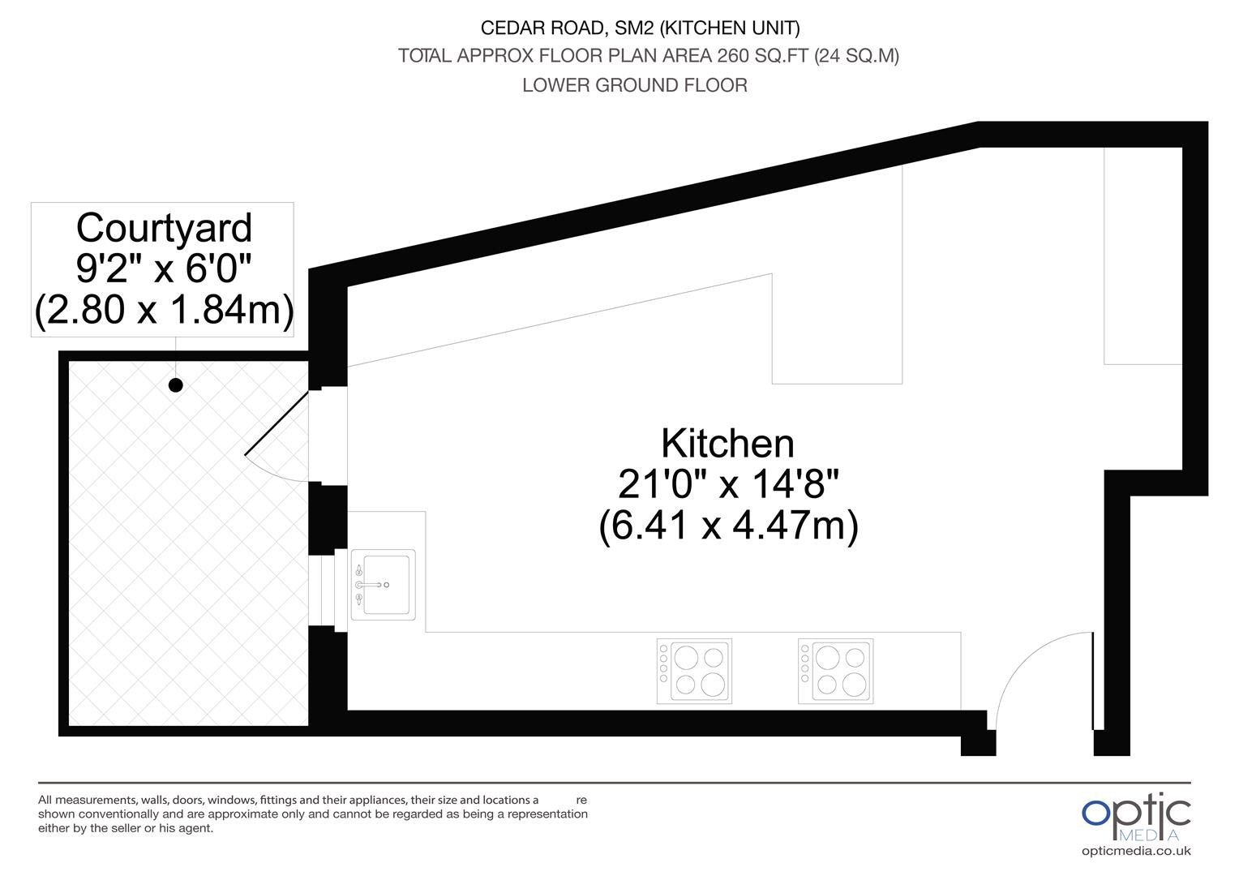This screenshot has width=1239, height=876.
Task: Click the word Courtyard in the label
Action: (x=164, y=228)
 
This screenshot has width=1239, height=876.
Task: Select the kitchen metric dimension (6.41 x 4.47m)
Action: (x=728, y=525)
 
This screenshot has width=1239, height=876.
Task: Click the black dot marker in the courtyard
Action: (x=176, y=385)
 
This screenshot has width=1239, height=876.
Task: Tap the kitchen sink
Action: (x=384, y=584)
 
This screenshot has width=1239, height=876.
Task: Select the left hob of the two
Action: (x=694, y=672)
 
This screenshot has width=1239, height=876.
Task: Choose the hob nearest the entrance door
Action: (x=836, y=672)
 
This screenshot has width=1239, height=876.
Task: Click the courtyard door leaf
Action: (x=277, y=423)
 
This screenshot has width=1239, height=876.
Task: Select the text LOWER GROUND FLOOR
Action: (x=635, y=85)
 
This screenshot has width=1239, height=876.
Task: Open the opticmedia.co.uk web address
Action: (x=1136, y=851)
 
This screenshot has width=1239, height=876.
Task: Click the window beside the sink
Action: (x=328, y=590)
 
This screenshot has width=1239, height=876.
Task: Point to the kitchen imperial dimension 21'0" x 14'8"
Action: (x=728, y=484)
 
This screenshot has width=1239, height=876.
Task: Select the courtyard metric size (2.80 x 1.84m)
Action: (x=164, y=309)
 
